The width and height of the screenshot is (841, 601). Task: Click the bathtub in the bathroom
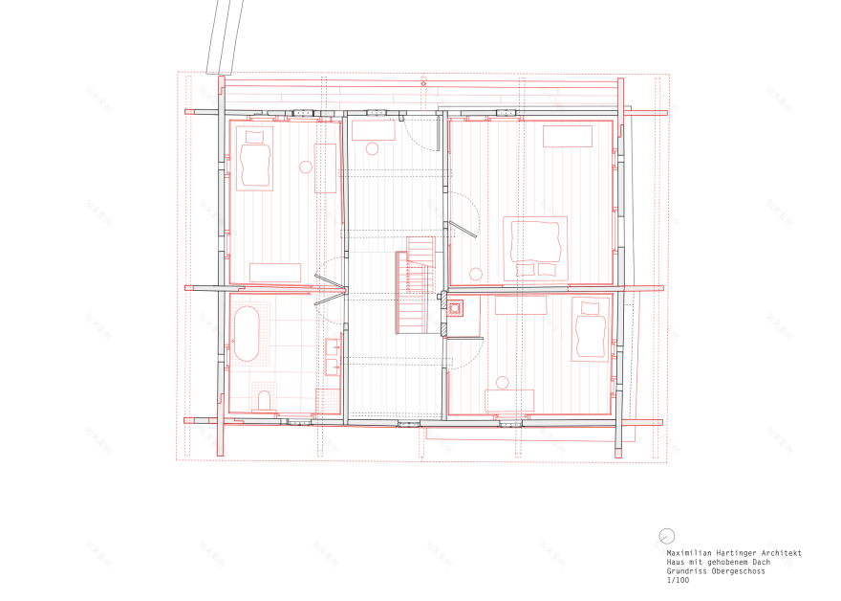248,334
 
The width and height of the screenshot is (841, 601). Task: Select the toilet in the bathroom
265,400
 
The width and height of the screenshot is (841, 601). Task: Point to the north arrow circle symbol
667,536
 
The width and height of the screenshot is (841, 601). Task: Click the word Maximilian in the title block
687,553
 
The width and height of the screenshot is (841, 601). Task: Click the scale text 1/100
678,580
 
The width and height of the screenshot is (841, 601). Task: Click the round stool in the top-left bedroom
306,167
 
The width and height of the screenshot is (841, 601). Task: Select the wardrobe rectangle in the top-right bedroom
568,136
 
